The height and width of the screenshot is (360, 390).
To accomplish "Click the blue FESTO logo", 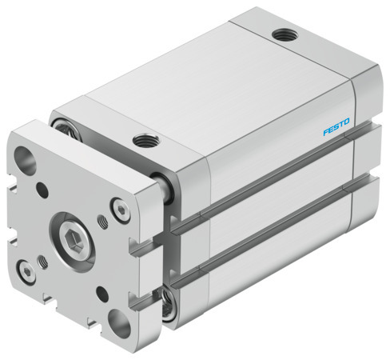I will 336,126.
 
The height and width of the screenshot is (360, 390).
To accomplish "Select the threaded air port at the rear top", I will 281,34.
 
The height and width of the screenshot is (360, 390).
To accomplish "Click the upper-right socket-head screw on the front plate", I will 119,210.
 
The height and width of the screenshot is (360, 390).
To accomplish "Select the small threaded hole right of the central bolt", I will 102,221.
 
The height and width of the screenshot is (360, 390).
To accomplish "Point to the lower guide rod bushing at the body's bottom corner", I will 169,302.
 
